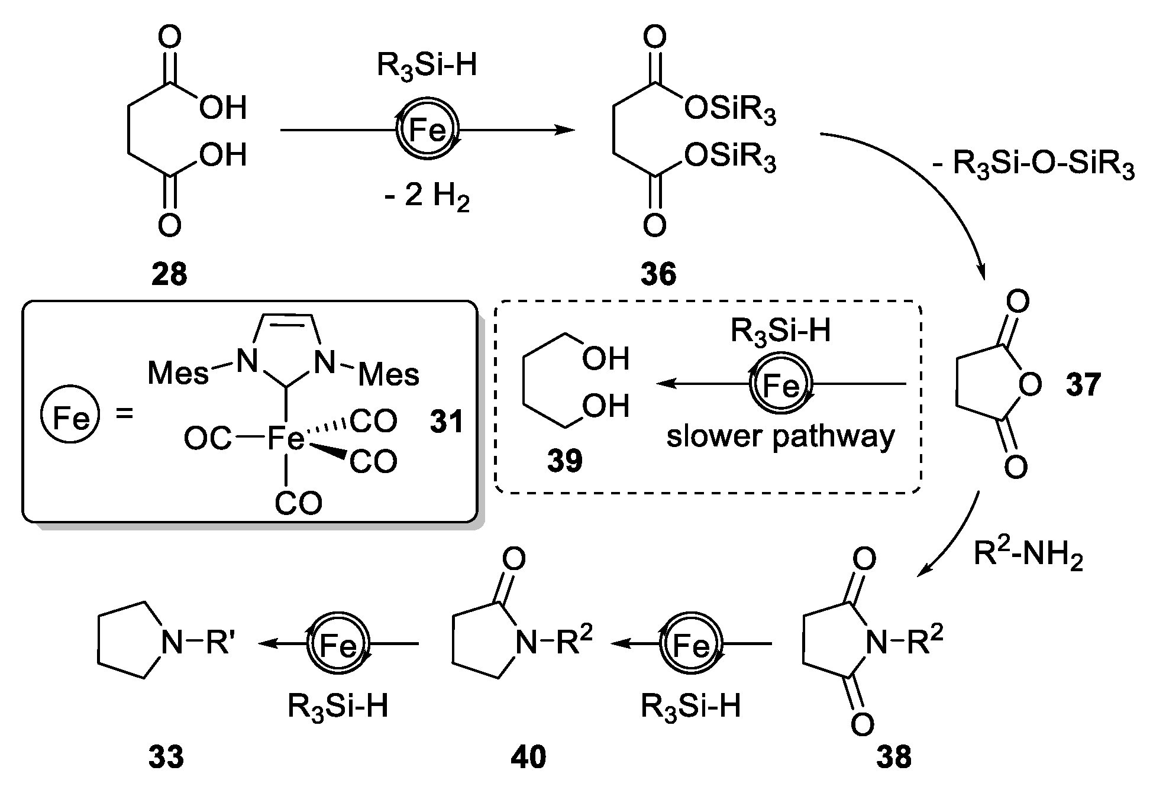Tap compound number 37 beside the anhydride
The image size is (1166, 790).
pos(1083,385)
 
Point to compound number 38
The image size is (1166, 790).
pos(893,757)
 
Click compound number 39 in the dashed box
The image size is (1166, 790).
pos(565,461)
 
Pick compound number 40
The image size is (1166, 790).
pos(528,757)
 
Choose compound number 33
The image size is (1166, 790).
pos(166,757)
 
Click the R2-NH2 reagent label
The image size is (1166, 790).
pos(1028,557)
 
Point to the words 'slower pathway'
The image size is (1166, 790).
pos(780,437)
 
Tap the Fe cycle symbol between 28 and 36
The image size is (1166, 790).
pos(427,130)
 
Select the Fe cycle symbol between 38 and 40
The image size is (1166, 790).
pos(690,645)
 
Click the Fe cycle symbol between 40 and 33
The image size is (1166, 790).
pos(338,645)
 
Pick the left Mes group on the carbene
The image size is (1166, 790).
pos(177,373)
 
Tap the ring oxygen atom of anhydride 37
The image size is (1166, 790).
pos(1031,386)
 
